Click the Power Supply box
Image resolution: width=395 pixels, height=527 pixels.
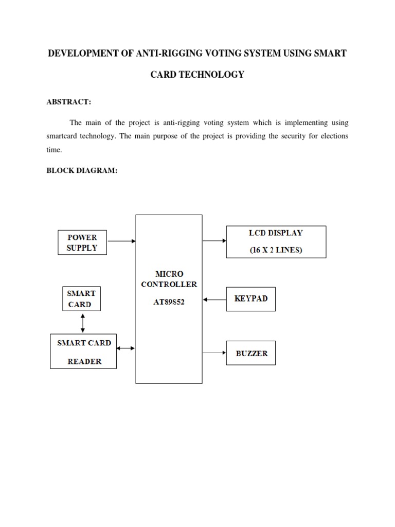click(82, 242)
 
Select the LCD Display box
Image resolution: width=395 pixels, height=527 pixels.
click(276, 241)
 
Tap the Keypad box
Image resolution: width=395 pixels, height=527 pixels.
click(251, 298)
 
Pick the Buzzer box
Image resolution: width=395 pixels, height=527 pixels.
click(251, 353)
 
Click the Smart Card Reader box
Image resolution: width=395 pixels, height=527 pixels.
click(83, 352)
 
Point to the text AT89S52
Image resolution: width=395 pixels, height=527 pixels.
click(169, 303)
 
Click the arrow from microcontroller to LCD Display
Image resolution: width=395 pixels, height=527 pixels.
click(214, 240)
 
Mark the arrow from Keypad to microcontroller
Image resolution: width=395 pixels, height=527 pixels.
click(214, 298)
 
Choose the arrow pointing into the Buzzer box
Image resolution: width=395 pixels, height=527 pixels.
click(214, 353)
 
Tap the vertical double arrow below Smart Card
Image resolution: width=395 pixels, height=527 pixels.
click(83, 323)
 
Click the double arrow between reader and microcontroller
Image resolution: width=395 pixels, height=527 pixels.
click(126, 348)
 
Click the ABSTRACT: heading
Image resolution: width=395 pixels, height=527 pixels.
click(69, 102)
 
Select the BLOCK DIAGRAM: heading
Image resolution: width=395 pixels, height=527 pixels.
click(82, 171)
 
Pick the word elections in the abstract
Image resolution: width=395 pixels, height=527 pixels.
click(331, 136)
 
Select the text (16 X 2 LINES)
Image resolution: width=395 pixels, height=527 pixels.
click(276, 250)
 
